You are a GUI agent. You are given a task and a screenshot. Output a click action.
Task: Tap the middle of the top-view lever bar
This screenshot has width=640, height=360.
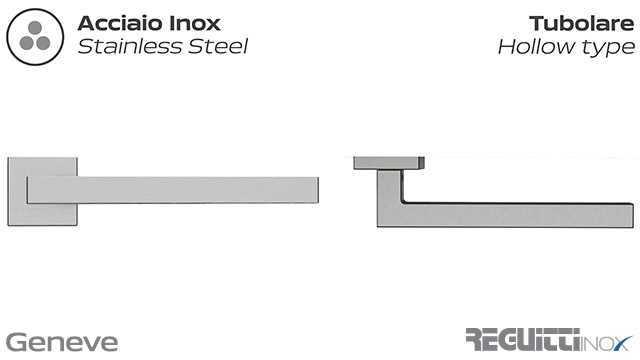coord(510,214)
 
